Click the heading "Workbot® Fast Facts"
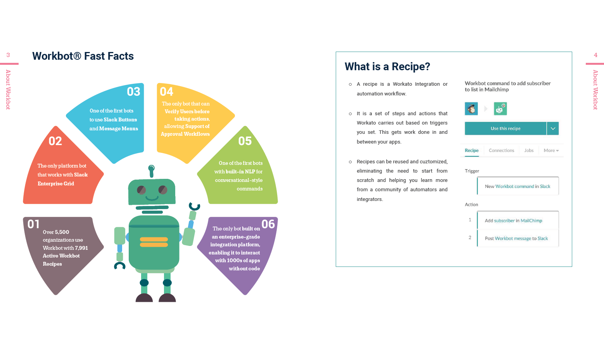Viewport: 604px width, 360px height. pyautogui.click(x=83, y=56)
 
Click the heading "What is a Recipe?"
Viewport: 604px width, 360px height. pyautogui.click(x=387, y=67)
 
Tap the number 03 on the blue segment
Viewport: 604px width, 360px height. pyautogui.click(x=133, y=92)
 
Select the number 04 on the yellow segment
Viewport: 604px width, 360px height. pyautogui.click(x=167, y=92)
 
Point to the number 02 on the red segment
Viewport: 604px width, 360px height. pyautogui.click(x=55, y=141)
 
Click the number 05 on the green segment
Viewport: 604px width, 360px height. pyautogui.click(x=245, y=141)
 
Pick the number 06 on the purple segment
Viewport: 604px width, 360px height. pyautogui.click(x=268, y=224)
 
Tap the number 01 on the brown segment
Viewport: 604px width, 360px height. pyautogui.click(x=33, y=224)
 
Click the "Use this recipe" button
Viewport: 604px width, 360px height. pyautogui.click(x=506, y=128)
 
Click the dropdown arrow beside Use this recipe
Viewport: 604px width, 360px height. pyautogui.click(x=553, y=128)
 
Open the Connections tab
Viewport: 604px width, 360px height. pyautogui.click(x=501, y=151)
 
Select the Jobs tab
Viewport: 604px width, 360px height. pyautogui.click(x=529, y=151)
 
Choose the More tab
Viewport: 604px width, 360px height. pyautogui.click(x=551, y=151)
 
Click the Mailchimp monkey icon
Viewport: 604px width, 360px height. pyautogui.click(x=471, y=109)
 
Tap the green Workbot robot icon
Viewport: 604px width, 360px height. pyautogui.click(x=500, y=109)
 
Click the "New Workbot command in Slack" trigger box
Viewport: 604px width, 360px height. pyautogui.click(x=518, y=186)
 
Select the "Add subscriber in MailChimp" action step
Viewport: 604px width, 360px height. pyautogui.click(x=513, y=221)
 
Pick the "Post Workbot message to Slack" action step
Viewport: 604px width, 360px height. pyautogui.click(x=516, y=239)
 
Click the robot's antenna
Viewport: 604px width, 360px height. pyautogui.click(x=151, y=170)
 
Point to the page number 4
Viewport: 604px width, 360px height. pyautogui.click(x=595, y=55)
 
